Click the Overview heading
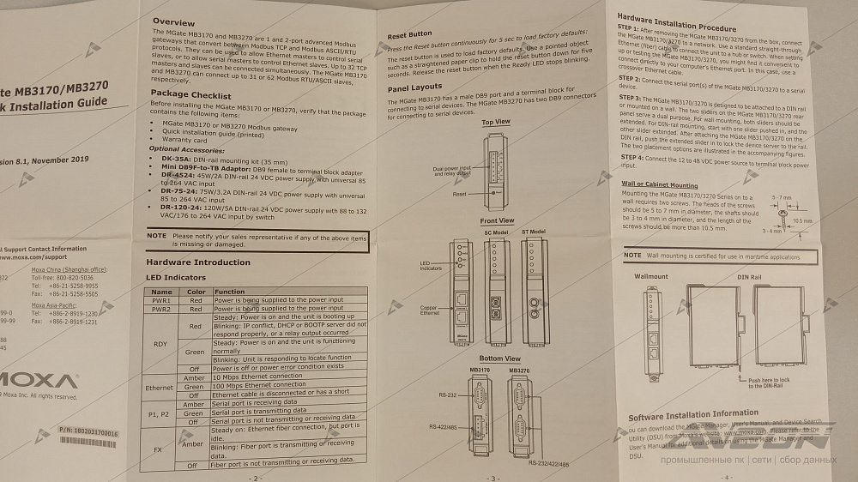tap(173, 21)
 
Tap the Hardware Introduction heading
tap(198, 262)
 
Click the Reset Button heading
tap(409, 36)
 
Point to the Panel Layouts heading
tap(414, 87)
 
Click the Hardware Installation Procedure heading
tap(677, 17)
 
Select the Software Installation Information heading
tap(693, 415)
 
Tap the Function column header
tap(230, 292)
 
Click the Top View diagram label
tap(495, 123)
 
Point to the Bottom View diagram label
tap(499, 358)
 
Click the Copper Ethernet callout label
tap(429, 310)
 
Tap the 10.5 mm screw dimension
tap(802, 220)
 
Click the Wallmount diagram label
tap(651, 277)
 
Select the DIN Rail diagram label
tap(749, 277)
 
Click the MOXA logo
tap(39, 380)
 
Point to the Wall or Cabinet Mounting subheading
tap(660, 184)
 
